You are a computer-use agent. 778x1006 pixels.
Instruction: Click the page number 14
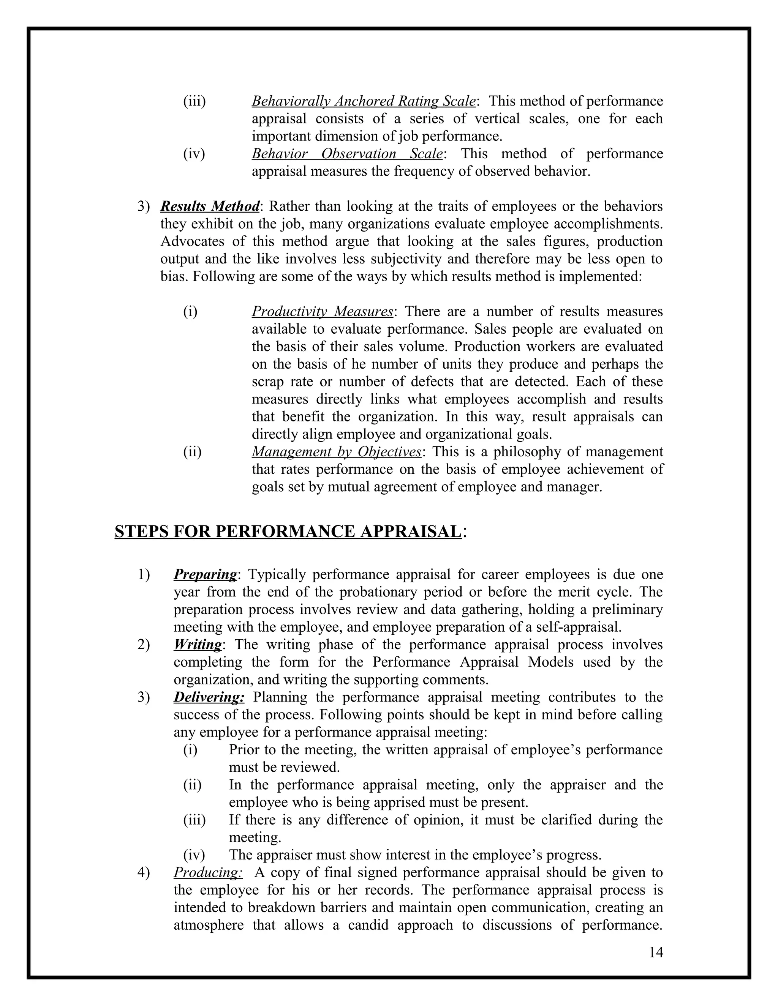(656, 952)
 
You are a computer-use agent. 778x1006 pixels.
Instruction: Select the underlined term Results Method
(210, 207)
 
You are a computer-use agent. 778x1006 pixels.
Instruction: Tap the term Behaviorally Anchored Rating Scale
(363, 101)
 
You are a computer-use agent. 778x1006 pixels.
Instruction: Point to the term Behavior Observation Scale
(348, 153)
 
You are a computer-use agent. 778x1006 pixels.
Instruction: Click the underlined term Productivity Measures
(322, 311)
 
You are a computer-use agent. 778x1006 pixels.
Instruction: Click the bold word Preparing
(205, 574)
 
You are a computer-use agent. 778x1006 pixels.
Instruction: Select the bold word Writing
(198, 645)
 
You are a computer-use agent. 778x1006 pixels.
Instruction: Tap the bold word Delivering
(209, 697)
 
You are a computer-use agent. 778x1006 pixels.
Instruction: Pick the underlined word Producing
(208, 872)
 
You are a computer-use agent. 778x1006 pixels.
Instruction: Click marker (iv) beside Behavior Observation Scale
(194, 153)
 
